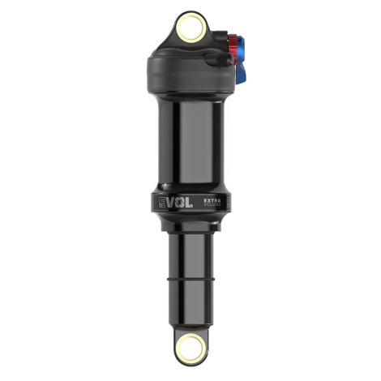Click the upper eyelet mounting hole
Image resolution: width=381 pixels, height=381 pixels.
pos(190,30)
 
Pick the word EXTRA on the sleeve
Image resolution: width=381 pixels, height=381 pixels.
pos(212,199)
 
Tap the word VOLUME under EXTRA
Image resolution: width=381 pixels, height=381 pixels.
pos(212,206)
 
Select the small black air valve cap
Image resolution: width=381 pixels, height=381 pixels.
pos(215,58)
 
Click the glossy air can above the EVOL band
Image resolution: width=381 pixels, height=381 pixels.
pos(190,138)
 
